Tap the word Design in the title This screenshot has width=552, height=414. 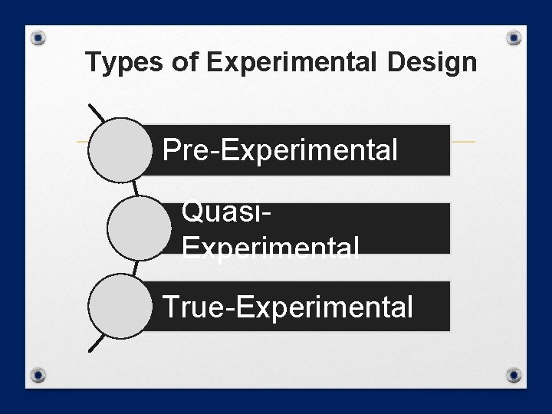tap(432, 62)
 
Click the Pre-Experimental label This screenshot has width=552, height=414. tap(281, 150)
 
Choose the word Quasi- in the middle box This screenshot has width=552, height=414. tap(225, 211)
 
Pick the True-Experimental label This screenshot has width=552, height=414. tap(288, 307)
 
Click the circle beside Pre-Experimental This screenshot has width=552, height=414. tap(120, 149)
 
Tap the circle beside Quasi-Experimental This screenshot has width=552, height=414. tap(138, 228)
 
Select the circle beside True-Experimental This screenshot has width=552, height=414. tap(120, 306)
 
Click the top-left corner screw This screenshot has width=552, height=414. tap(40, 38)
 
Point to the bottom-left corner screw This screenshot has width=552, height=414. tap(40, 376)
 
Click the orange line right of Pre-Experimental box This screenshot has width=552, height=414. tap(462, 142)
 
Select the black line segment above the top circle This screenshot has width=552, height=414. tap(97, 113)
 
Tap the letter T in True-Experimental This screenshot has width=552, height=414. tap(170, 307)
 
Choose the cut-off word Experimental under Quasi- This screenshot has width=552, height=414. tap(270, 246)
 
